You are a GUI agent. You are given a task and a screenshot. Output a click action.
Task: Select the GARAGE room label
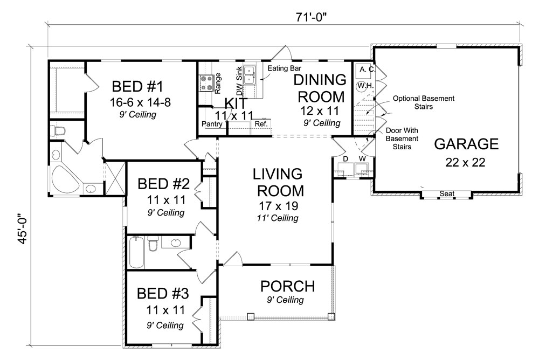466,144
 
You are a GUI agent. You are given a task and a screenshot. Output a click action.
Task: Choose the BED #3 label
162,294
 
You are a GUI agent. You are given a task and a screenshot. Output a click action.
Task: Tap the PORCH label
287,285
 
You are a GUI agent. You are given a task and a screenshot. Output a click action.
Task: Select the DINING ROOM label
320,88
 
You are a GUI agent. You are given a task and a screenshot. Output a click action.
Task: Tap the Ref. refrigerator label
261,124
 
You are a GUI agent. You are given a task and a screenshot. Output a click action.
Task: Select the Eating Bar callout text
285,68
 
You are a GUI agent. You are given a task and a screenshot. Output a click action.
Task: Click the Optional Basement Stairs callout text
423,103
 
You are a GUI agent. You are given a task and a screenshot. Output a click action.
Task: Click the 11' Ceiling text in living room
277,218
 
